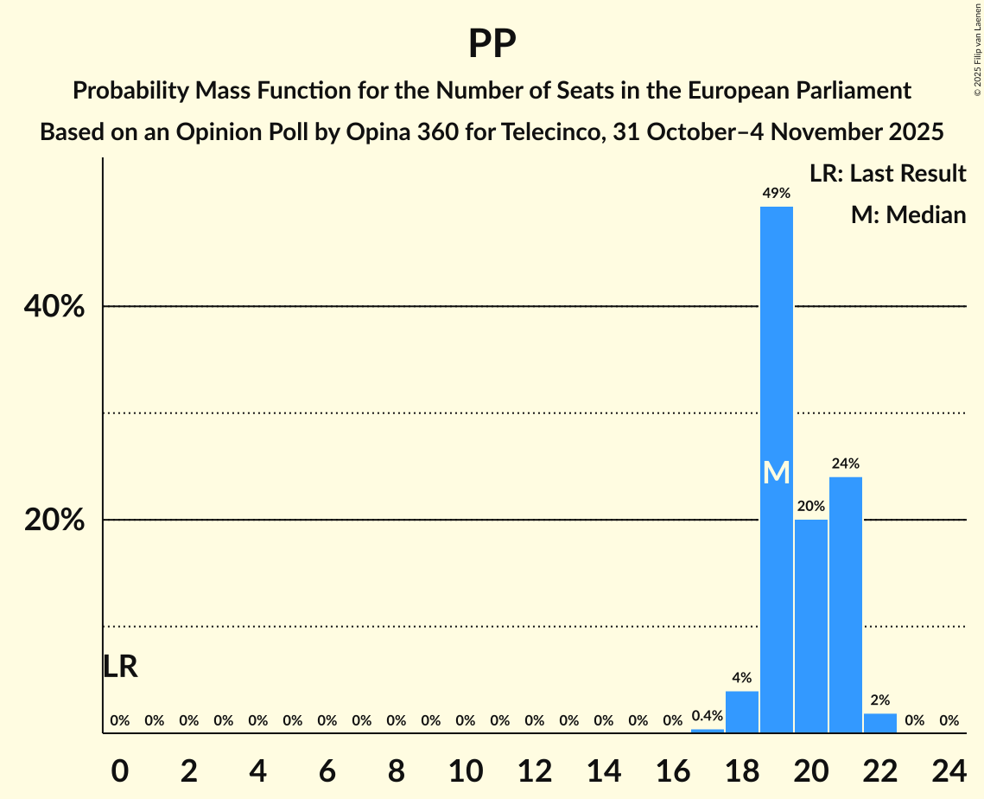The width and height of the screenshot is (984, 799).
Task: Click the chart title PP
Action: click(x=492, y=44)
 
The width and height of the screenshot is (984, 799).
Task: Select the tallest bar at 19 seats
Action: click(x=776, y=519)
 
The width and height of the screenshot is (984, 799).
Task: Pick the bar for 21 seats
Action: click(x=845, y=605)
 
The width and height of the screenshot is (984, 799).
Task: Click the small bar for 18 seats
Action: click(x=741, y=712)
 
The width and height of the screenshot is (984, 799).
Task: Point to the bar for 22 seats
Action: click(x=879, y=723)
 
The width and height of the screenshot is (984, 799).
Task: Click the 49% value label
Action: click(x=776, y=194)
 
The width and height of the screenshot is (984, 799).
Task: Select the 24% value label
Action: click(x=845, y=463)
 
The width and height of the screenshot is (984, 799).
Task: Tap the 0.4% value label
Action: click(x=707, y=716)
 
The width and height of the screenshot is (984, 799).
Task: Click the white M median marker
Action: click(x=776, y=472)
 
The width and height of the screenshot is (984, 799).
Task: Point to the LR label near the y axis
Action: click(x=120, y=667)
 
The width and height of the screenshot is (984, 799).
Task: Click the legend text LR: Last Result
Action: click(x=887, y=174)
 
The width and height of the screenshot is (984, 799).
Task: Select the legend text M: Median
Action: click(x=908, y=214)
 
